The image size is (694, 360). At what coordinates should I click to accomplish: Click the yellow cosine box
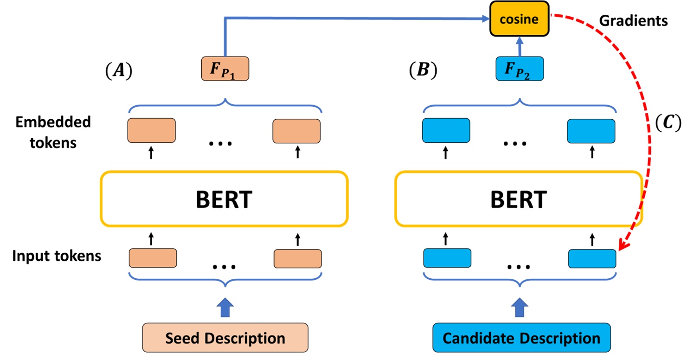[x=520, y=19]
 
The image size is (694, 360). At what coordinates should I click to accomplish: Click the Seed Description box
[x=225, y=337]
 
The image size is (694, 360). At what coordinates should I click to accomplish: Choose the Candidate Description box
[x=521, y=337]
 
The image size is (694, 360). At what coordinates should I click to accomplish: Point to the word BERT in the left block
[x=225, y=199]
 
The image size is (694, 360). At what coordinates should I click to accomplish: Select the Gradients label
[x=633, y=21]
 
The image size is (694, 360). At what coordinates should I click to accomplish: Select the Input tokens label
[x=57, y=256]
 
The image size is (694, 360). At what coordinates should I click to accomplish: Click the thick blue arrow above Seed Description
[x=225, y=307]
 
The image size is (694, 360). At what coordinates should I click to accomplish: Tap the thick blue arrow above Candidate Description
[x=520, y=307]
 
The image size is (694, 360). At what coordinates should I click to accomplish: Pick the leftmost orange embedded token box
[x=151, y=130]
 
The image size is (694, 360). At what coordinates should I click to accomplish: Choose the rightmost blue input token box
[x=592, y=258]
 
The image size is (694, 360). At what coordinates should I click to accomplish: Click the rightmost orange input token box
[x=297, y=258]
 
